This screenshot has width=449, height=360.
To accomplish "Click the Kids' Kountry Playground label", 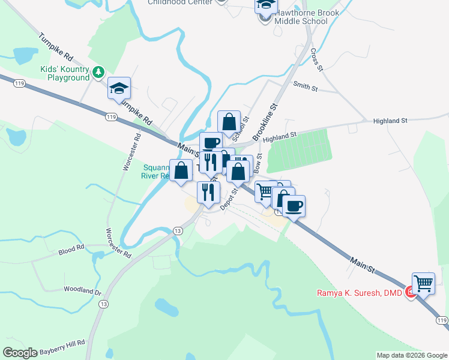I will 65,74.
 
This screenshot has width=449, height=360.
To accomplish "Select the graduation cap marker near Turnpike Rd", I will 119,89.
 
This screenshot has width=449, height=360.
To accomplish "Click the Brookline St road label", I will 266,122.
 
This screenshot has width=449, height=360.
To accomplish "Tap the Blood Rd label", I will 71,251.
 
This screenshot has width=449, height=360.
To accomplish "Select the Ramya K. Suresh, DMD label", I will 359,293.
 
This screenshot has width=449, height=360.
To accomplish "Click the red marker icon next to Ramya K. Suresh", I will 410,293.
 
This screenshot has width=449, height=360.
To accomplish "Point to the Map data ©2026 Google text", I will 412,355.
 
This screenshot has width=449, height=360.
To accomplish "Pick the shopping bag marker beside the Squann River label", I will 181,170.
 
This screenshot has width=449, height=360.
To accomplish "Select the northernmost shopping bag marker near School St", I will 229,122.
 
